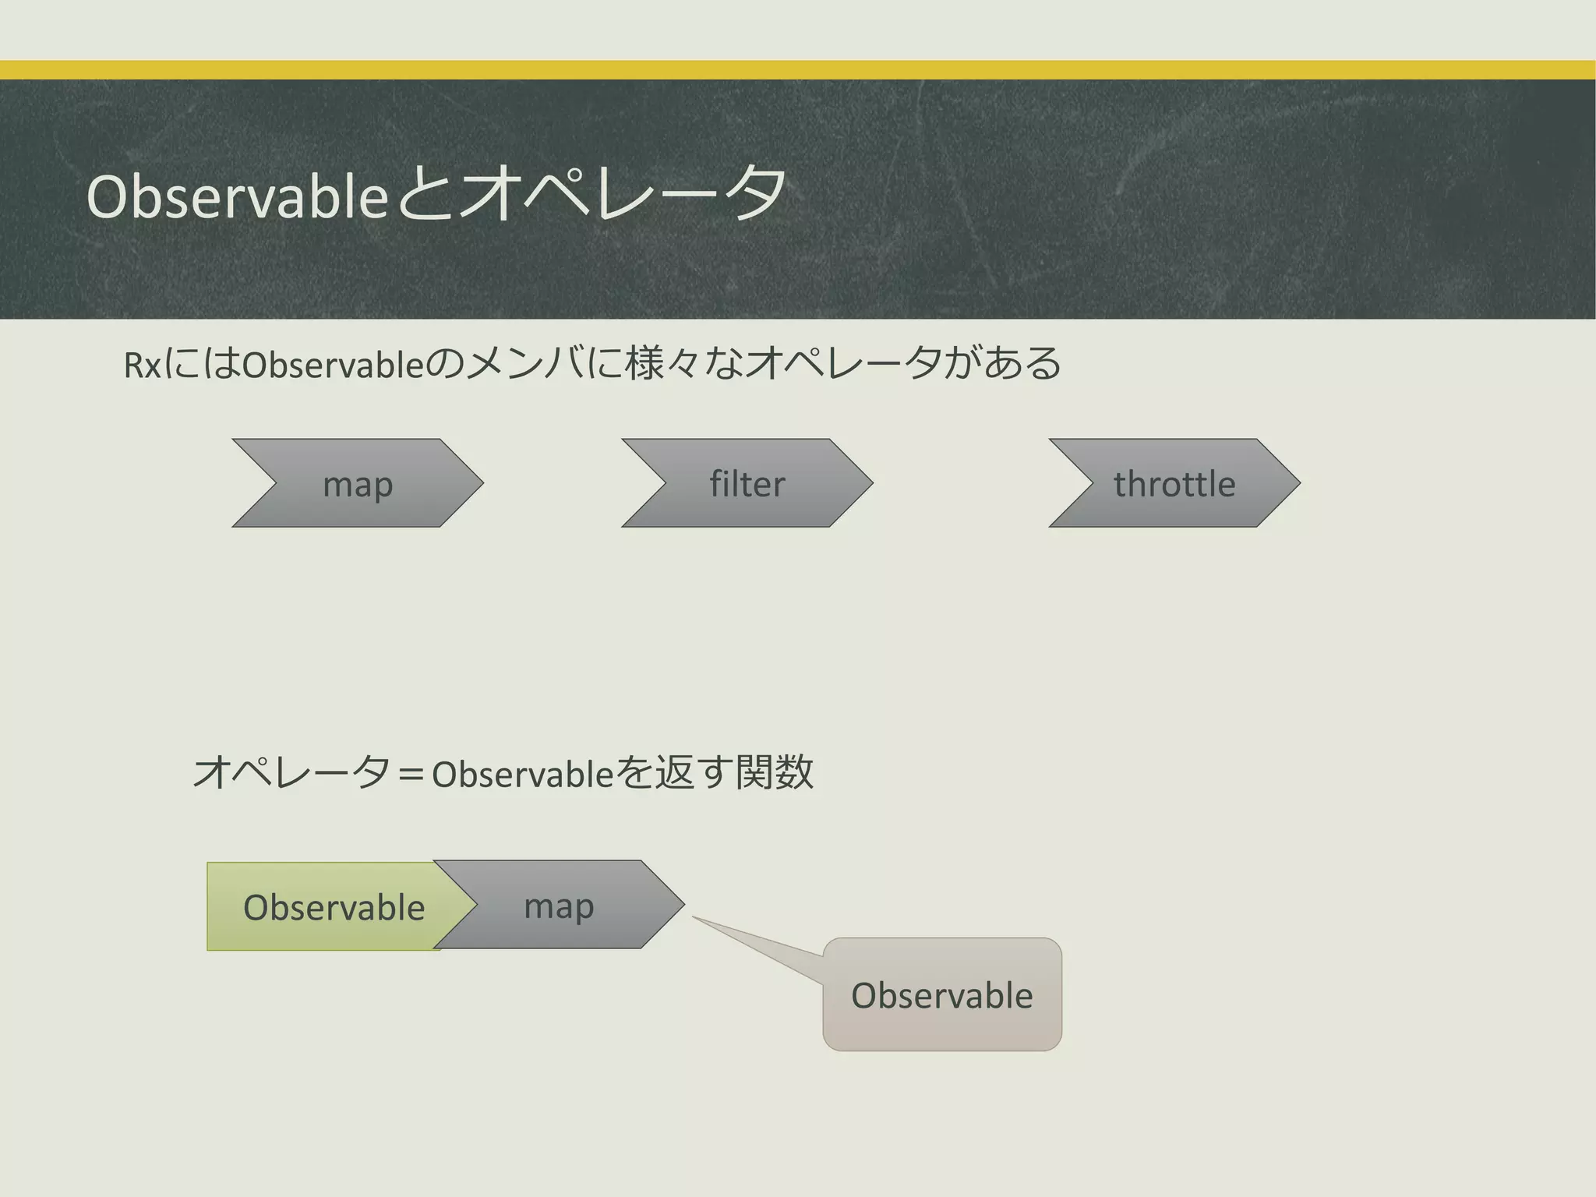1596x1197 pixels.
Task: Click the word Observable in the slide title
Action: (237, 196)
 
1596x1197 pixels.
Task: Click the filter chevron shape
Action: (747, 483)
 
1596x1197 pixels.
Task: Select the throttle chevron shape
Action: (1174, 483)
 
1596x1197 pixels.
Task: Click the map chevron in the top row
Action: (358, 483)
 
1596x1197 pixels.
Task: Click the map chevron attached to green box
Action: (559, 906)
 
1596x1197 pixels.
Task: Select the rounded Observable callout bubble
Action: (941, 995)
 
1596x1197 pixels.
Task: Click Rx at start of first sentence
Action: (142, 365)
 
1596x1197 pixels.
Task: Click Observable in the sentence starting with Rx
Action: (334, 365)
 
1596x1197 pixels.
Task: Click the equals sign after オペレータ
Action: (410, 775)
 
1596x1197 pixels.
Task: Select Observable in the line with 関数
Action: (523, 775)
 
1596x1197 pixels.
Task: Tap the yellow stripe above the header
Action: (798, 70)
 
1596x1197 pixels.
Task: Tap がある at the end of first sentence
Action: (1002, 363)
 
